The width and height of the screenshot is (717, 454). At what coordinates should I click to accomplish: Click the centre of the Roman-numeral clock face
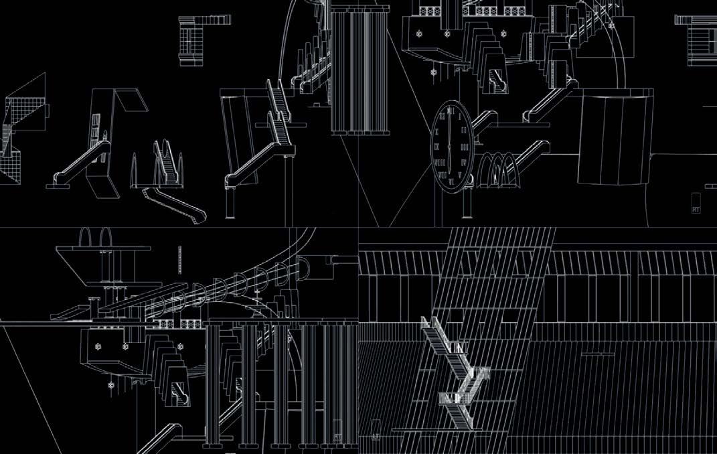(449, 145)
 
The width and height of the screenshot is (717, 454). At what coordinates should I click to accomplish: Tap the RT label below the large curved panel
(696, 208)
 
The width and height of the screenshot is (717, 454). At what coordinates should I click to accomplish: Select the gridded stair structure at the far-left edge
(20, 131)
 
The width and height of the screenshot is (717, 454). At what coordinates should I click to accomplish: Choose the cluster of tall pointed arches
(161, 164)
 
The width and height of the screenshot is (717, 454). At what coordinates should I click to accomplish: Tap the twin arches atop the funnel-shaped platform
(92, 238)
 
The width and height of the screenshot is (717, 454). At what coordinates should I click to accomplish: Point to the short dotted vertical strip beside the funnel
(179, 258)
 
